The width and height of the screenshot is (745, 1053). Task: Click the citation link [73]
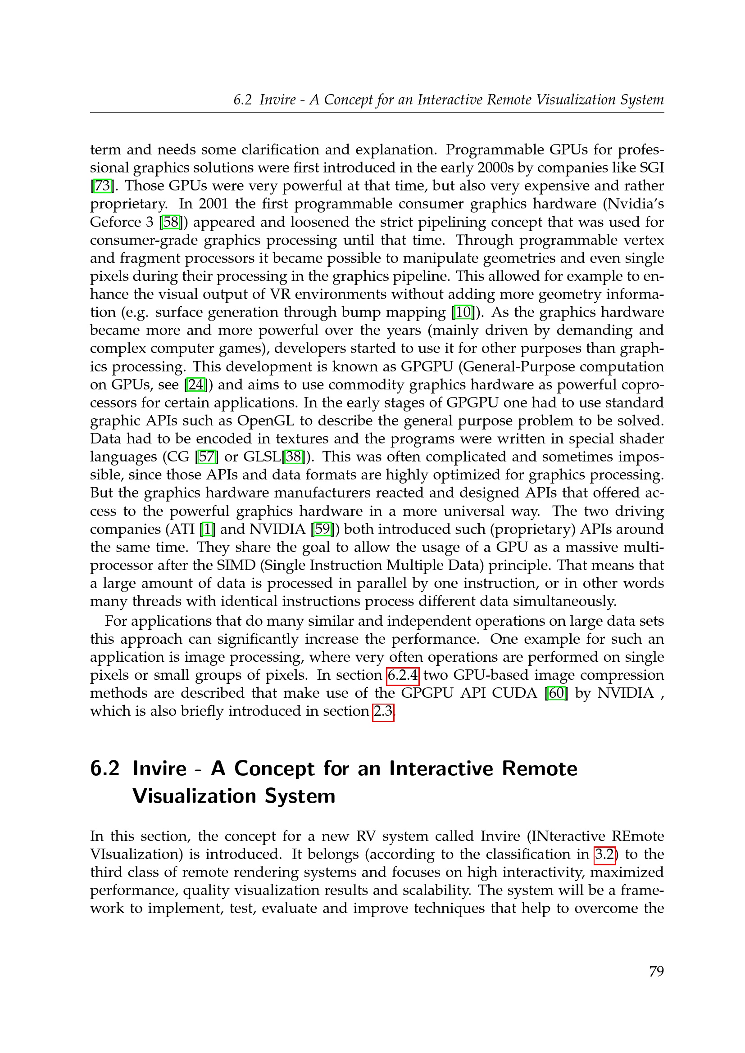pyautogui.click(x=102, y=186)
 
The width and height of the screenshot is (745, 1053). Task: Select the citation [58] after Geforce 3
pyautogui.click(x=172, y=222)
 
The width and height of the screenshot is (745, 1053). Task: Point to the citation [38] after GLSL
pyautogui.click(x=294, y=457)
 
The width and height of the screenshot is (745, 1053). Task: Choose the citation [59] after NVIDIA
pyautogui.click(x=322, y=529)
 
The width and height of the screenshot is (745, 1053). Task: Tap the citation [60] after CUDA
pyautogui.click(x=556, y=693)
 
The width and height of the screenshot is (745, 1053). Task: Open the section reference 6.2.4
pyautogui.click(x=403, y=675)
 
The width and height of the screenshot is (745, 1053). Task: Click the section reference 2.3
pyautogui.click(x=383, y=711)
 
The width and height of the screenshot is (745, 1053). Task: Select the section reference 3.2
pyautogui.click(x=604, y=854)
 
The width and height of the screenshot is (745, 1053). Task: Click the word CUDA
pyautogui.click(x=514, y=693)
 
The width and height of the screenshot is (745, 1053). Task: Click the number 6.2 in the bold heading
pyautogui.click(x=105, y=768)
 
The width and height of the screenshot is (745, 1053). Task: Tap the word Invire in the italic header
pyautogui.click(x=277, y=100)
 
